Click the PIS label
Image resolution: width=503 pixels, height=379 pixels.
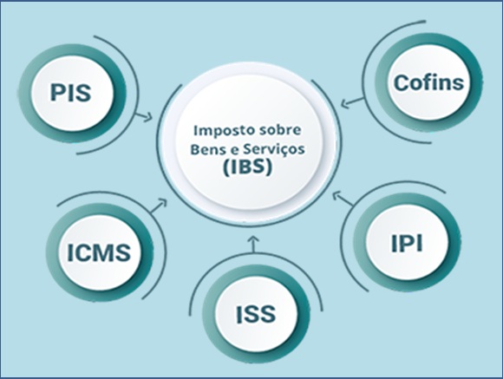[70, 93]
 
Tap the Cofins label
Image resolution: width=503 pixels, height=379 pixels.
[429, 82]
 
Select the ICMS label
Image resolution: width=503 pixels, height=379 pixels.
[99, 252]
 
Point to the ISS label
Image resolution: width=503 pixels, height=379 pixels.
[256, 314]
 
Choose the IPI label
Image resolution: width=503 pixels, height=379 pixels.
[407, 243]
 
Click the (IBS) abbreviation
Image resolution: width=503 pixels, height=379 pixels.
[247, 167]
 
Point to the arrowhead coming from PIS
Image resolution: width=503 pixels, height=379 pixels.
[148, 117]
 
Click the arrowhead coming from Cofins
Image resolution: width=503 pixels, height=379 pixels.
[345, 103]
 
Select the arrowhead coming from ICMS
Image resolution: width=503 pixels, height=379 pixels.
[163, 202]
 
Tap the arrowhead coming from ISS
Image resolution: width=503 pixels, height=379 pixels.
[253, 239]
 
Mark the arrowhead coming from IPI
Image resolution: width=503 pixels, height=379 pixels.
[336, 195]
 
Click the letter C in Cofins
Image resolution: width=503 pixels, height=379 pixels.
[402, 83]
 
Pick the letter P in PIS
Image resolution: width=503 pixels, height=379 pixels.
[57, 93]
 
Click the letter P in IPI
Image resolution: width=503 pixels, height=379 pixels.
[407, 243]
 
